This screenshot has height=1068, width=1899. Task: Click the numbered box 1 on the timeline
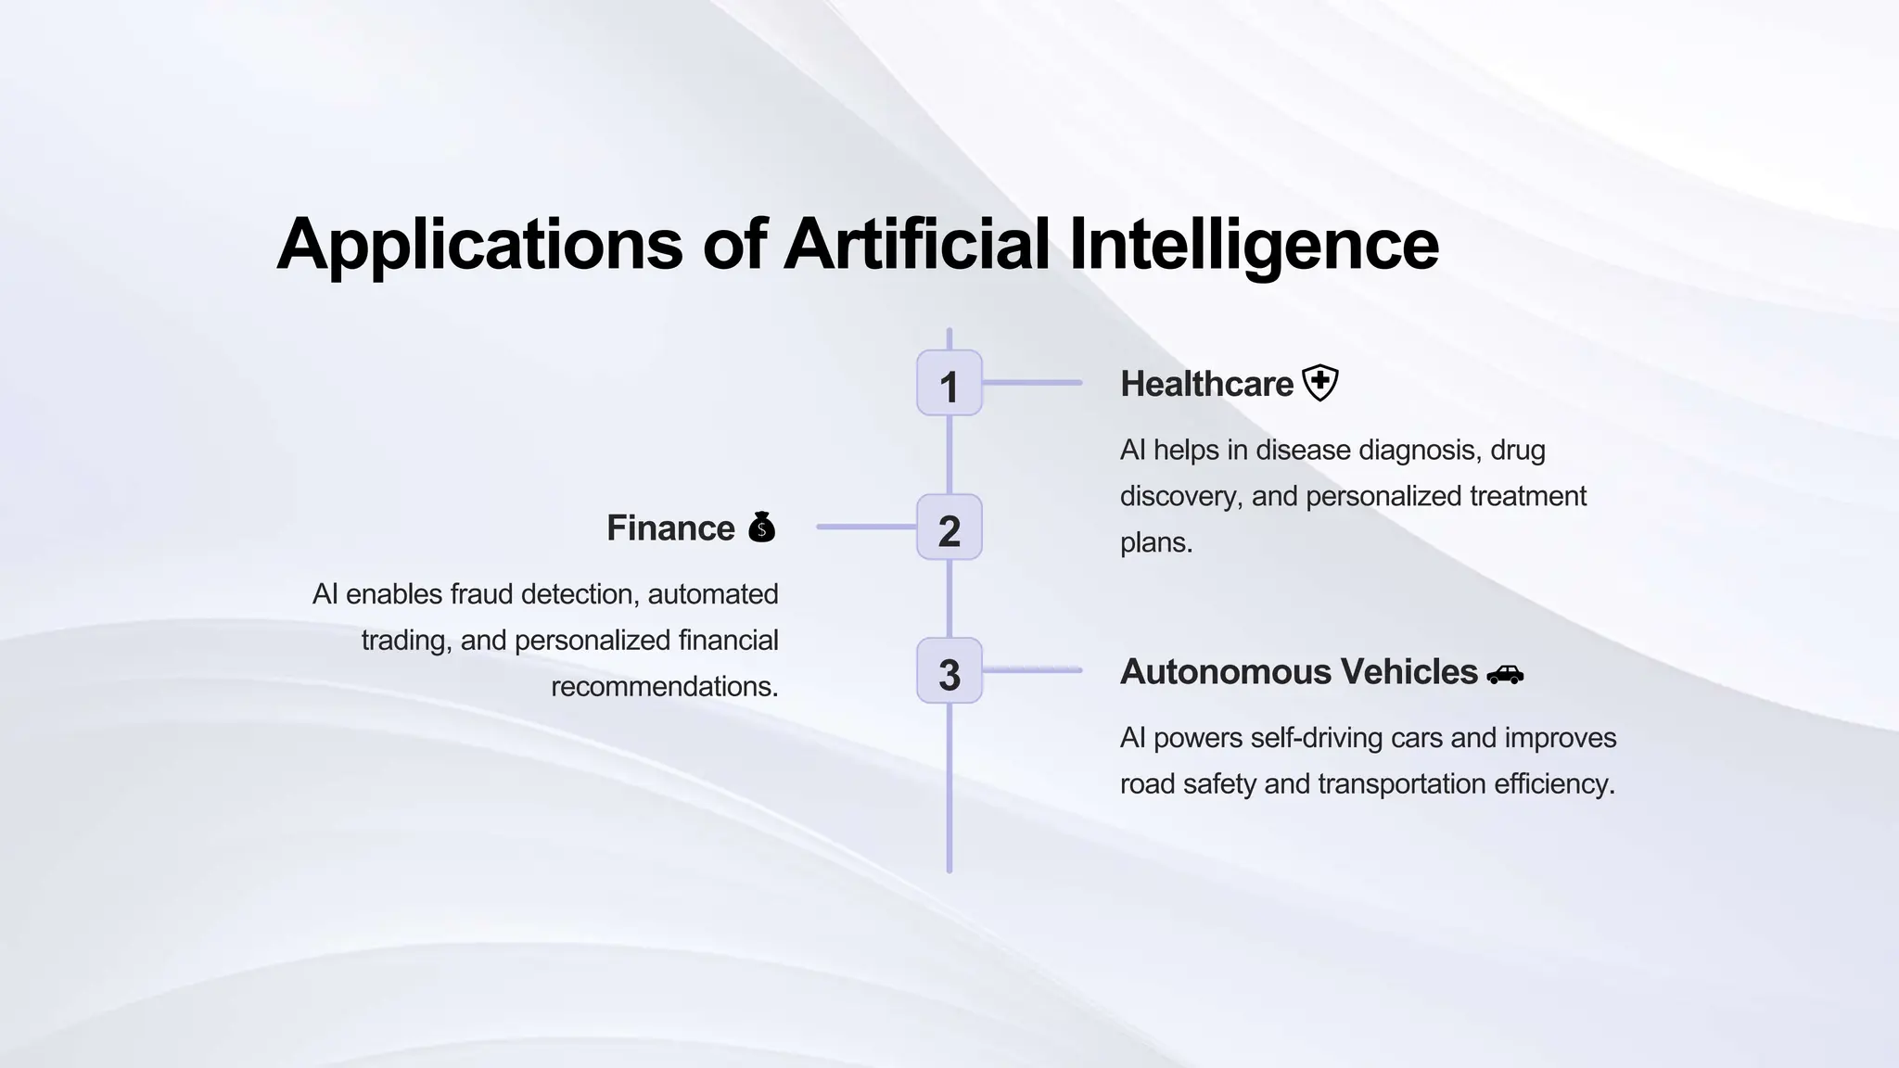pos(949,383)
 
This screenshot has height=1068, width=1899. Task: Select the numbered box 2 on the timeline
pos(949,527)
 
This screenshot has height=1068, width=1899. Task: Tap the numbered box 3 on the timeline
pos(949,670)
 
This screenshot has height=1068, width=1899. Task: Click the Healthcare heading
pos(1206,384)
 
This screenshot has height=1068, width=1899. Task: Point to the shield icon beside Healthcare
pos(1320,382)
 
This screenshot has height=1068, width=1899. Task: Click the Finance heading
pos(670,528)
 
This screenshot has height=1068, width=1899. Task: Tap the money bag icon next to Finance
pos(761,527)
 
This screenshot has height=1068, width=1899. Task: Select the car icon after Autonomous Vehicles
pos(1505,674)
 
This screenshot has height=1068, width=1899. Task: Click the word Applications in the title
pos(479,245)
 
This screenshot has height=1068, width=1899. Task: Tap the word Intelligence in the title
pos(1254,245)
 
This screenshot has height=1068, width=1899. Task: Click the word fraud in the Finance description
pos(481,593)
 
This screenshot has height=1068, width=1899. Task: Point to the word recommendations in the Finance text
pos(664,686)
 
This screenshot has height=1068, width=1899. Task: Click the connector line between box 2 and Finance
pos(866,527)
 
